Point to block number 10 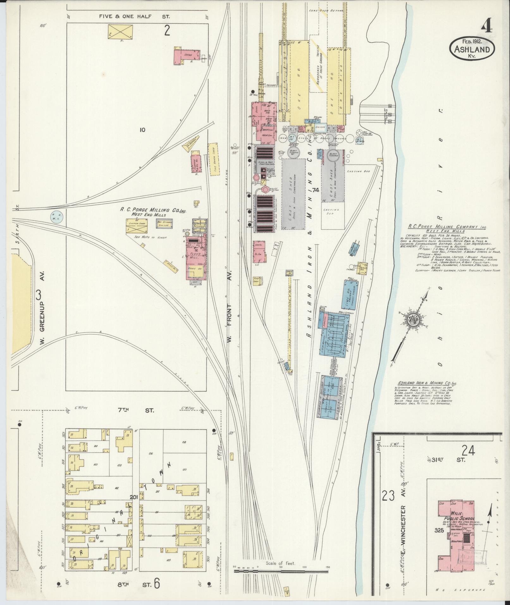(x=142, y=130)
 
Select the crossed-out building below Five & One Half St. (x=120, y=32)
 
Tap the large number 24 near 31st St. (x=468, y=450)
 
